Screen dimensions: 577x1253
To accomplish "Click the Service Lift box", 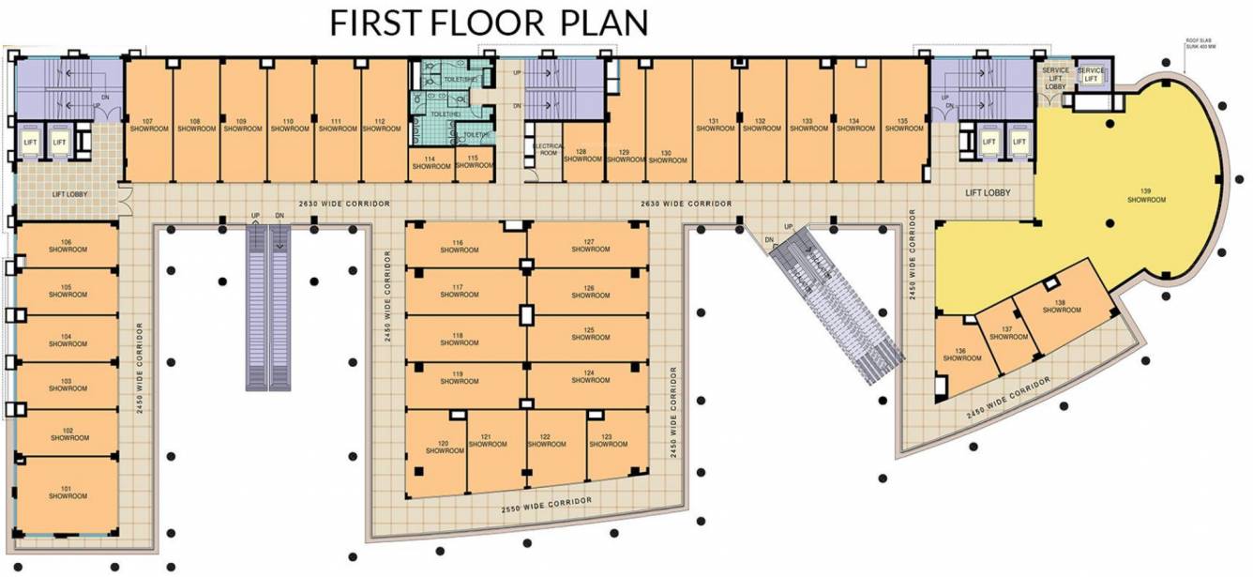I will pyautogui.click(x=1091, y=74).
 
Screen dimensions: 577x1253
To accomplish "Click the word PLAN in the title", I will pyautogui.click(x=604, y=23).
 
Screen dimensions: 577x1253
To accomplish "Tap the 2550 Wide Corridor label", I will pyautogui.click(x=547, y=506).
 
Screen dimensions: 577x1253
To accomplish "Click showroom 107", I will pyautogui.click(x=147, y=125).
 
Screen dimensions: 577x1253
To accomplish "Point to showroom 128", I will pyautogui.click(x=581, y=156).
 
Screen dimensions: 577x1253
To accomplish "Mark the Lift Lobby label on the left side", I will pyautogui.click(x=70, y=195).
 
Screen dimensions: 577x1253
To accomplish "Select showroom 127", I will pyautogui.click(x=589, y=246).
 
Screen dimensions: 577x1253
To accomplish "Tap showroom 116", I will pyautogui.click(x=458, y=247).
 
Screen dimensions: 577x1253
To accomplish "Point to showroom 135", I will pyautogui.click(x=902, y=125).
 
